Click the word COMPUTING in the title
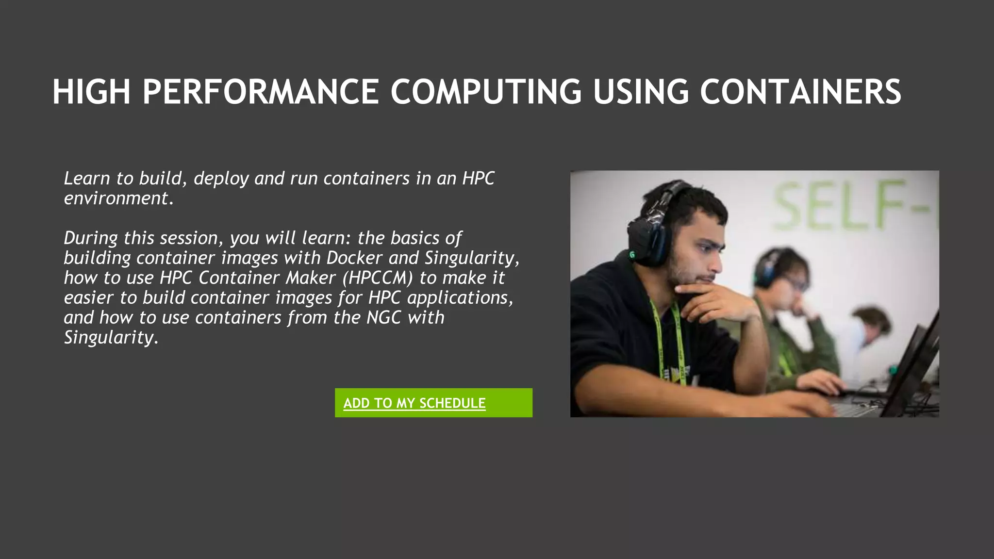pyautogui.click(x=486, y=92)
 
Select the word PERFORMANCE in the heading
pyautogui.click(x=261, y=92)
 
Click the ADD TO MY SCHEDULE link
pyautogui.click(x=414, y=403)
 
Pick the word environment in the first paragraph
pyautogui.click(x=116, y=198)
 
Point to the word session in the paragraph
pyautogui.click(x=191, y=238)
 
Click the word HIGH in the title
pyautogui.click(x=91, y=92)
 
